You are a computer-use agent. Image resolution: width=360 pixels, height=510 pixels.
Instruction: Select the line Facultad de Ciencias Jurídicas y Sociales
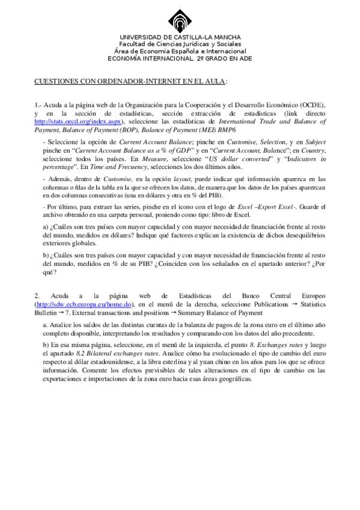pyautogui.click(x=180, y=45)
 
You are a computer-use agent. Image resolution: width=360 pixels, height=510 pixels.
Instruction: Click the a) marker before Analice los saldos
pyautogui.click(x=46, y=325)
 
